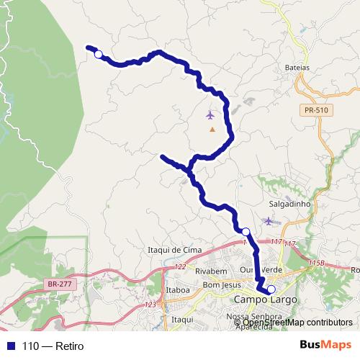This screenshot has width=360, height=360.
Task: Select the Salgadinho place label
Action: [289, 204]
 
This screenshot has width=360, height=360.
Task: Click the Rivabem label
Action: [211, 271]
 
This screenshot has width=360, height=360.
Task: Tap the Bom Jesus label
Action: [220, 285]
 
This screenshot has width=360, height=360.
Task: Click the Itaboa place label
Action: [178, 291]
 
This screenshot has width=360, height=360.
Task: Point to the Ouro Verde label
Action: [256, 271]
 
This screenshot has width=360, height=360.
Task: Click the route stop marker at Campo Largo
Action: [271, 289]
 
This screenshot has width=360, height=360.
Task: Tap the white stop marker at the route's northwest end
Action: [98, 53]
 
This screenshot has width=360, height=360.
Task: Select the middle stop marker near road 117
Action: [246, 231]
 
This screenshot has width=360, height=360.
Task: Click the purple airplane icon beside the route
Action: [210, 114]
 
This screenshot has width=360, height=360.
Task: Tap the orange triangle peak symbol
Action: [212, 130]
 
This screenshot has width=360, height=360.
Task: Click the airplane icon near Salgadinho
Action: [269, 220]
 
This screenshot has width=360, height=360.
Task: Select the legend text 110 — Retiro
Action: [53, 346]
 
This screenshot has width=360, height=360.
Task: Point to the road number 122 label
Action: [180, 267]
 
